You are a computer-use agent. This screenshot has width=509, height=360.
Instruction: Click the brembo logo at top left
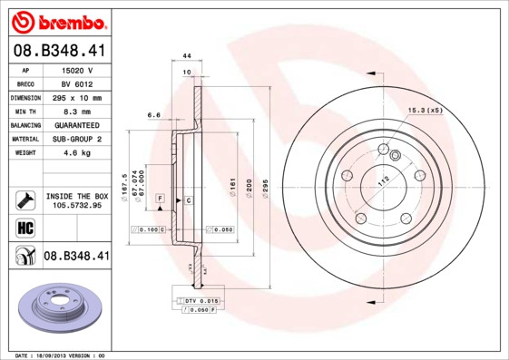57,21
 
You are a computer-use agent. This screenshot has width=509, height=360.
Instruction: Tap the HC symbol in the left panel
24,226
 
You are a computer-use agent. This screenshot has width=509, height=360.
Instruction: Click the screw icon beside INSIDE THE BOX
24,199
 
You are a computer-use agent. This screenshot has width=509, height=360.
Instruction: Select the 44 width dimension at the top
186,56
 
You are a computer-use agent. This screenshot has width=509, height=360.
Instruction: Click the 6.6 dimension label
154,115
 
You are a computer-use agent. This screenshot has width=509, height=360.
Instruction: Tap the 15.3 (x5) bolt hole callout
425,111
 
